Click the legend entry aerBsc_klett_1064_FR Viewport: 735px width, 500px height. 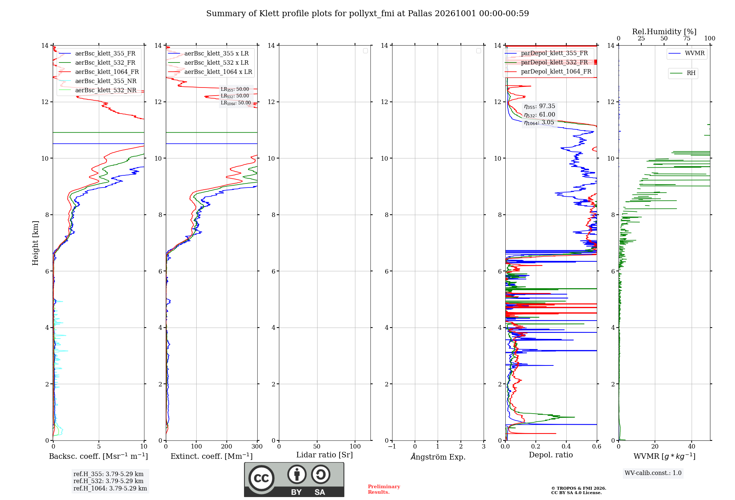[99, 72]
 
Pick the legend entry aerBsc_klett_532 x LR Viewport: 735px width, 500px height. [208, 63]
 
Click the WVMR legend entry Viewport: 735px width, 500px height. [686, 53]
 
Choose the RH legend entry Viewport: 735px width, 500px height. [683, 73]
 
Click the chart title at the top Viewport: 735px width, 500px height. [367, 14]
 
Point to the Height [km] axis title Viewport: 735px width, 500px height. [35, 243]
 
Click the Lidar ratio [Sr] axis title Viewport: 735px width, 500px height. [325, 455]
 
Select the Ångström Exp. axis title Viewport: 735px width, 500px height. [438, 457]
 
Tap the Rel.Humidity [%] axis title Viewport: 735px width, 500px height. [664, 32]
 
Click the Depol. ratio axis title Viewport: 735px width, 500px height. [551, 455]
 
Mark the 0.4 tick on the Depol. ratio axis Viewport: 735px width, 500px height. [566, 447]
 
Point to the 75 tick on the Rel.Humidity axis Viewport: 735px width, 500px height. [687, 39]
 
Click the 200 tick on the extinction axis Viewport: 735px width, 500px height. [227, 447]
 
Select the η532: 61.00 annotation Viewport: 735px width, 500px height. [539, 115]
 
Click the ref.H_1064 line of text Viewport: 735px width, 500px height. [110, 489]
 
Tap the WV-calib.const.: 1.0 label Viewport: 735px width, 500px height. [653, 473]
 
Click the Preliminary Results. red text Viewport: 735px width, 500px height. [384, 489]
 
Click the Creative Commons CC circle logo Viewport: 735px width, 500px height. [261, 478]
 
